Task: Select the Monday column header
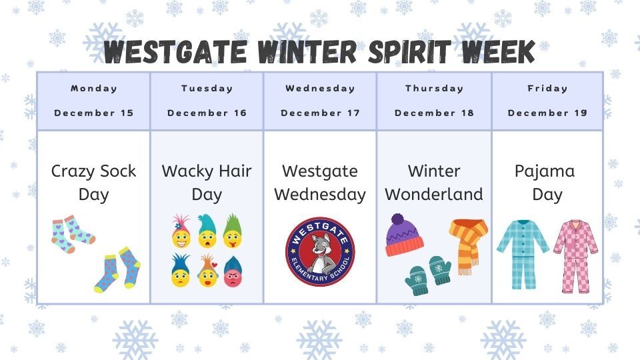94,88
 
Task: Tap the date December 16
207,113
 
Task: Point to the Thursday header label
434,88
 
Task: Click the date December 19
547,113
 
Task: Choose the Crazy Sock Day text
93,183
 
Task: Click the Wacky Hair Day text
207,183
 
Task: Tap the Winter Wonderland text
434,183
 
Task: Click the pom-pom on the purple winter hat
397,219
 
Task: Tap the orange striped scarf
469,243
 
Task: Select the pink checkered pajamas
575,255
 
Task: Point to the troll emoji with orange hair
207,272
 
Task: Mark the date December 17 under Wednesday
320,113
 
